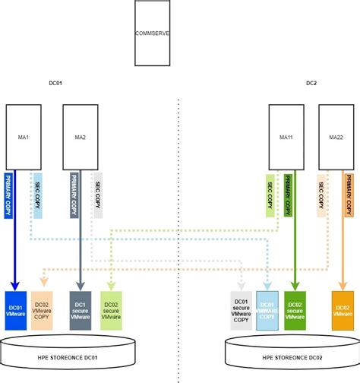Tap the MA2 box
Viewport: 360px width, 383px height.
point(80,137)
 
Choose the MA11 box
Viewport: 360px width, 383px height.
point(287,137)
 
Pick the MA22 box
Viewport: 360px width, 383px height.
point(336,137)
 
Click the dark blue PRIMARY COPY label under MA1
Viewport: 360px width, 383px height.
point(9,197)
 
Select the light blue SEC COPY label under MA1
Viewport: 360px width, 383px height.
point(37,197)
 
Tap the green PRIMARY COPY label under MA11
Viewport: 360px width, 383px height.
point(291,197)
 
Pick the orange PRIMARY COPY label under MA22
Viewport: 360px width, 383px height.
point(349,197)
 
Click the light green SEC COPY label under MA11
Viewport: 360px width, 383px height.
point(270,197)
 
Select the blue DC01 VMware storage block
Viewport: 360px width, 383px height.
point(16,310)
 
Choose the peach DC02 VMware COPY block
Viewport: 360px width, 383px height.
point(43,310)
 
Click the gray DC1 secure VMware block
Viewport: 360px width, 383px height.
point(81,310)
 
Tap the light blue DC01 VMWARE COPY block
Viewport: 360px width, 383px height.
point(268,310)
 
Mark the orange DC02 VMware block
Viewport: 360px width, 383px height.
point(343,310)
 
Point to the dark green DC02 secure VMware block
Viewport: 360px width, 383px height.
point(295,310)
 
